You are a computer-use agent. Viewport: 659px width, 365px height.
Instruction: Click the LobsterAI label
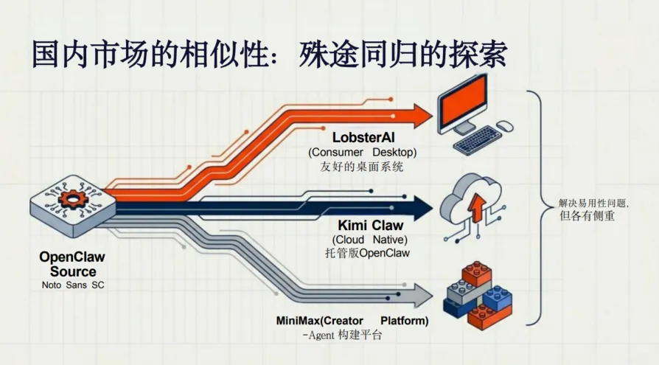pos(364,137)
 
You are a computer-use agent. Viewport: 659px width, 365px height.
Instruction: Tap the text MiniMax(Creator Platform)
pos(352,321)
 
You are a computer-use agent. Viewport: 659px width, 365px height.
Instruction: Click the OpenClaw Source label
pos(72,264)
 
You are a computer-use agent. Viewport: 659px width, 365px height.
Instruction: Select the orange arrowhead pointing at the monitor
pos(421,117)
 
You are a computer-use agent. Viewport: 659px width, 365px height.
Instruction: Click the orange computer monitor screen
pos(462,101)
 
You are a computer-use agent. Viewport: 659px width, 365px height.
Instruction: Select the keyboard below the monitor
pos(477,139)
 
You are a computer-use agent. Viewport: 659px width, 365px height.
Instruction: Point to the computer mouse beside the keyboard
pos(504,127)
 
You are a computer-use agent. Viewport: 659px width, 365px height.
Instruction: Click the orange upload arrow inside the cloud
pos(476,207)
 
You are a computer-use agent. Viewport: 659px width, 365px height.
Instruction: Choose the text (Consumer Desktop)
pos(363,152)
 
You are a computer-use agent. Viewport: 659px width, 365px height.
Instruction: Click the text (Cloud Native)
pos(370,240)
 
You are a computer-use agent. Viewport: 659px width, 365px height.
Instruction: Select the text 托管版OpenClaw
pos(367,254)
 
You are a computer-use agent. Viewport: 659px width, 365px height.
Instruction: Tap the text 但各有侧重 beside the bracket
pos(587,216)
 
